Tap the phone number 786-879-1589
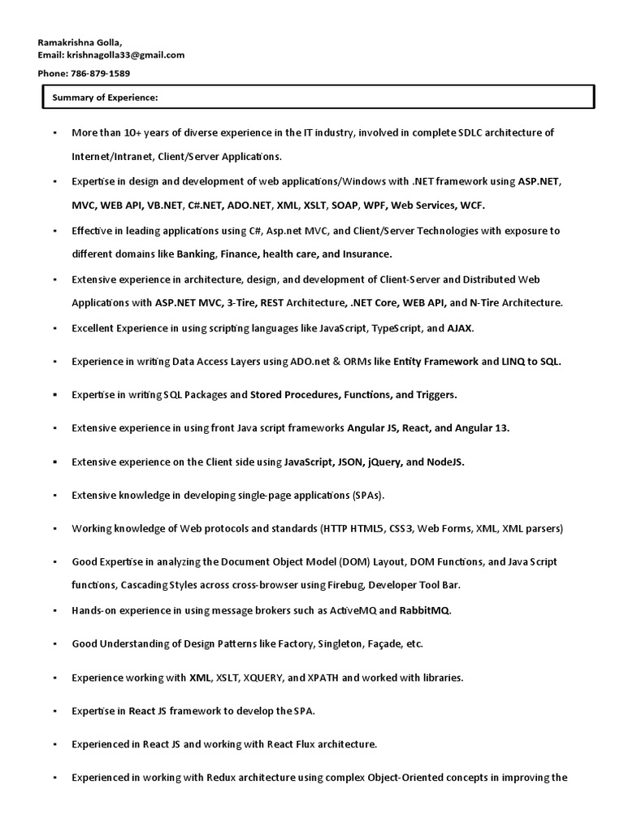click(x=98, y=73)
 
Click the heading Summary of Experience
click(x=105, y=97)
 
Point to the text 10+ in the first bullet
click(x=130, y=132)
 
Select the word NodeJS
click(x=445, y=461)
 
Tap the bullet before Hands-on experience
click(x=54, y=610)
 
